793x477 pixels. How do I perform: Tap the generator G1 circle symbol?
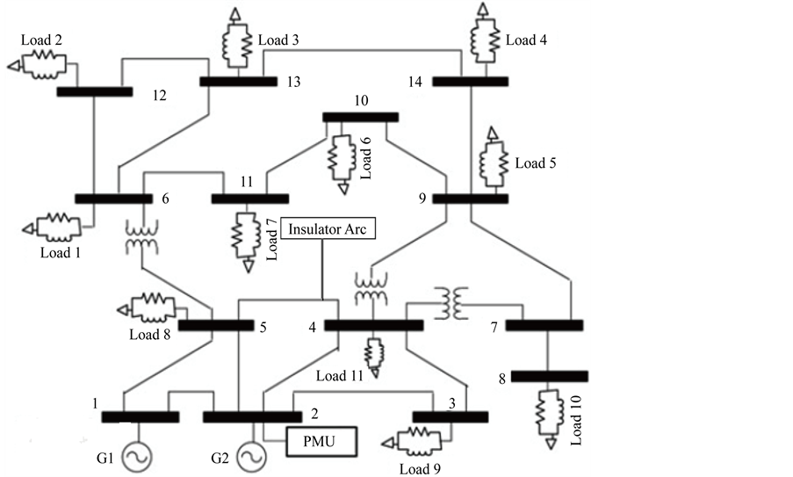coord(135,455)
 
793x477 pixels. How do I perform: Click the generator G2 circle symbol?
coord(249,455)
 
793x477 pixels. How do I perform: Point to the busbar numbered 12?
coord(94,91)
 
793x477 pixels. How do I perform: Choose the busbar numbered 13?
coord(237,82)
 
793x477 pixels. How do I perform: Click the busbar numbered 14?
coord(470,82)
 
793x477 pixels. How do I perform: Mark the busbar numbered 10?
coord(360,117)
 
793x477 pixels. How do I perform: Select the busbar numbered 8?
coord(550,377)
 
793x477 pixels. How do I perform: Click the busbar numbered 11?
coord(249,199)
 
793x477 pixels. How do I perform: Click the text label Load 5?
coord(535,163)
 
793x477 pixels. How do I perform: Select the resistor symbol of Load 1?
coord(58,225)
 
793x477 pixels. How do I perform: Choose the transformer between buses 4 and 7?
coord(455,303)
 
